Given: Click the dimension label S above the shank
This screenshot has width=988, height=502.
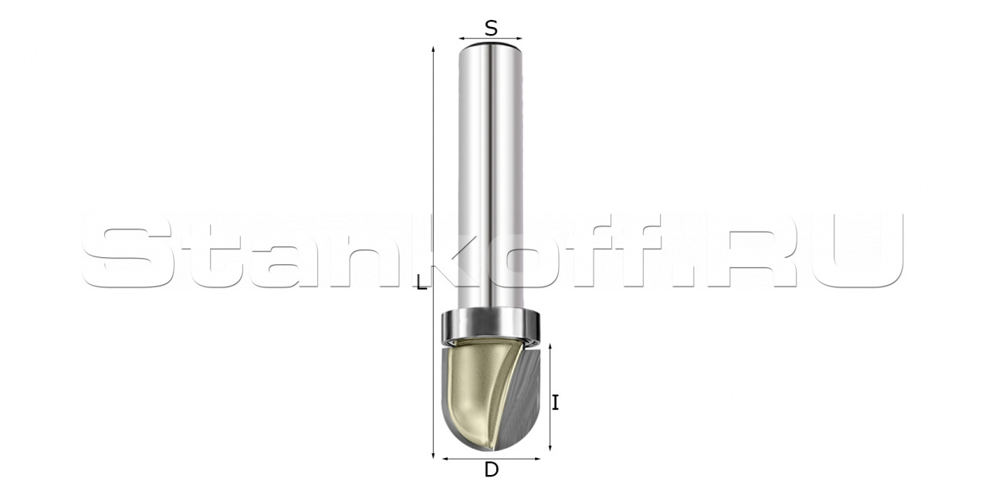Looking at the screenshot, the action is tap(491, 29).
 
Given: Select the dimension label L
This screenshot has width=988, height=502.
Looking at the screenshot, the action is tap(422, 282).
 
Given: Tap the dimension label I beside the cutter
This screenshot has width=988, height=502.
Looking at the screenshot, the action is tap(556, 402).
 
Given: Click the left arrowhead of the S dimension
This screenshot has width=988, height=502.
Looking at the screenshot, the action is tap(462, 39).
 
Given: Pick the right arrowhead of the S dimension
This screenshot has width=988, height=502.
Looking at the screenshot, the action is tap(520, 39).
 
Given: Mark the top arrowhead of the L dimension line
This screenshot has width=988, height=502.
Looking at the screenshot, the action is tap(434, 49).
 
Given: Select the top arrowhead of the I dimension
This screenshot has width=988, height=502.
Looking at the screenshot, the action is tap(550, 348).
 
